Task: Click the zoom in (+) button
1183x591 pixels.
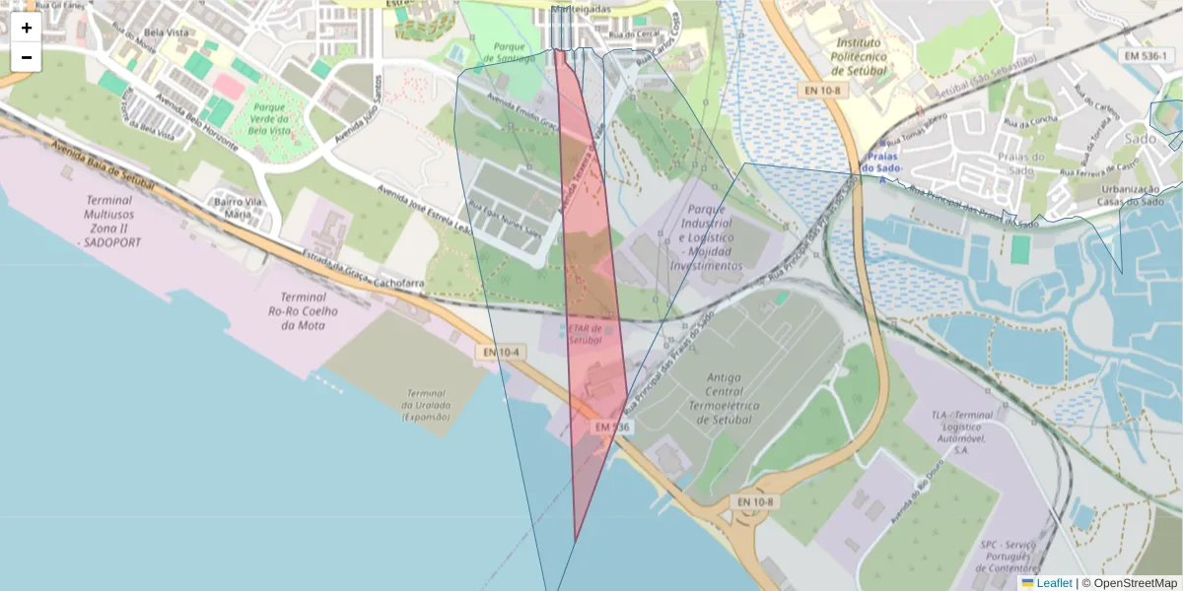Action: (x=27, y=28)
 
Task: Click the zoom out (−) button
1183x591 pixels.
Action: (x=27, y=57)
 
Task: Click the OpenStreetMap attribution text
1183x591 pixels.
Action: (x=1129, y=583)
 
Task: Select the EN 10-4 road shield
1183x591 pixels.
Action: (x=502, y=352)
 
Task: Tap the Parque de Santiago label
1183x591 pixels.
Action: (x=510, y=51)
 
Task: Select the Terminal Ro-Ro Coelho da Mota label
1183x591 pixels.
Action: (x=303, y=311)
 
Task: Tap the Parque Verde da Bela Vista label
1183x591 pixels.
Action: (x=268, y=118)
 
